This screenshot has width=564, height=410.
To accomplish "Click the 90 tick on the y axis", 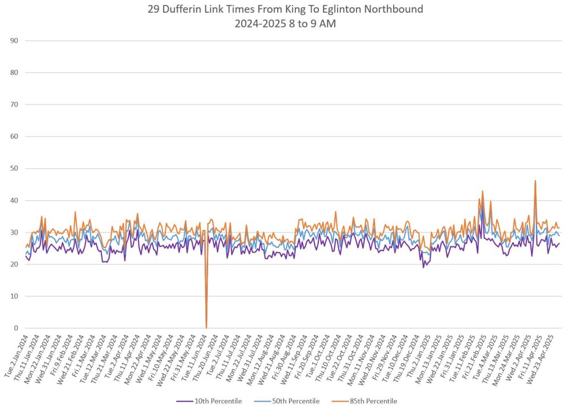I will pos(14,41).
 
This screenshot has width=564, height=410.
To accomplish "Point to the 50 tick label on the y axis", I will pos(14,168).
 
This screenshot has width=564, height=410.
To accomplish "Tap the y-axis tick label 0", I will pos(17,329).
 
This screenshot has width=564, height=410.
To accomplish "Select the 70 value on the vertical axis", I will pos(14,105).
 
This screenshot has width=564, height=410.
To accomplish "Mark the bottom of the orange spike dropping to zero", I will pos(206,327).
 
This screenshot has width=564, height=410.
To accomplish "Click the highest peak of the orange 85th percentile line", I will pos(535,181).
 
